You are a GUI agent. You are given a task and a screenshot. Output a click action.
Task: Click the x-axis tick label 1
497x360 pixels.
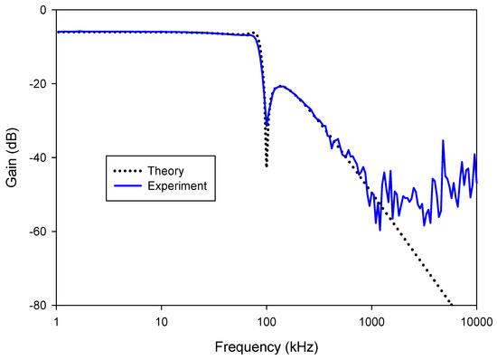[57, 320]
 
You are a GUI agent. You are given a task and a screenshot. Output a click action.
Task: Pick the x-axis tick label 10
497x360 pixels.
[162, 320]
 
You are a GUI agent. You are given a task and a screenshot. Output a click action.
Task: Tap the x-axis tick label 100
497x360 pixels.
[267, 320]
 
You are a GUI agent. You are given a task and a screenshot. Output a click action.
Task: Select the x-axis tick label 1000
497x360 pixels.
[371, 320]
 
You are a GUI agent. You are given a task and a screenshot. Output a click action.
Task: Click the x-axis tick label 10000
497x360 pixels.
[475, 320]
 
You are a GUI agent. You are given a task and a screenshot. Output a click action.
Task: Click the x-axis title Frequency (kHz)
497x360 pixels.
[267, 346]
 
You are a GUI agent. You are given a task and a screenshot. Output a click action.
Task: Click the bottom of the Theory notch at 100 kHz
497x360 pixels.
[267, 166]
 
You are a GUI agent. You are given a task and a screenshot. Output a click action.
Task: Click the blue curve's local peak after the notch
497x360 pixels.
[282, 86]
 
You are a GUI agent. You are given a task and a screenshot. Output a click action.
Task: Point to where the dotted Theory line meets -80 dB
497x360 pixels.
[451, 306]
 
